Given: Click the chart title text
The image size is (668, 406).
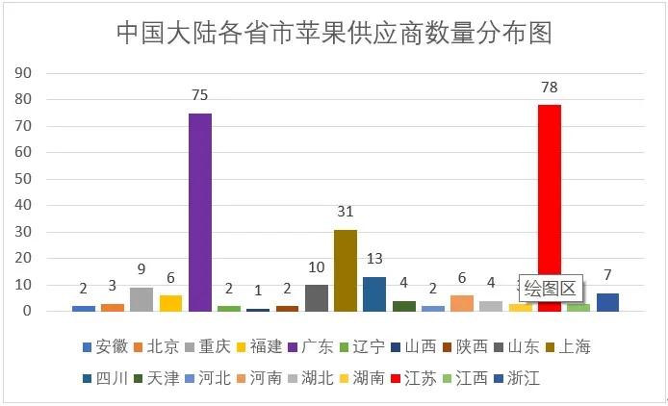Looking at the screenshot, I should (x=334, y=34).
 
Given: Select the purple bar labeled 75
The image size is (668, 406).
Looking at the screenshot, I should (x=199, y=212).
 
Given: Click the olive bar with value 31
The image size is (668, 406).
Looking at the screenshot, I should (x=345, y=270).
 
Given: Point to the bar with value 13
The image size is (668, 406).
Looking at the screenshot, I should (x=374, y=293).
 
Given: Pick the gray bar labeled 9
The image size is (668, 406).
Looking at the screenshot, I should (x=141, y=299).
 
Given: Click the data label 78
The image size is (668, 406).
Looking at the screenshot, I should (x=549, y=88).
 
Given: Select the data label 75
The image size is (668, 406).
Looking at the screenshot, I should (x=199, y=95).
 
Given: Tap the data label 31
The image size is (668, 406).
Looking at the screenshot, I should (x=345, y=212).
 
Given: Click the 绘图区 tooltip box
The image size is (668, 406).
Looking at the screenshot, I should (x=549, y=287).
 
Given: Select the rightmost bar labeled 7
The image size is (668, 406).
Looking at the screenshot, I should (x=607, y=302).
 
